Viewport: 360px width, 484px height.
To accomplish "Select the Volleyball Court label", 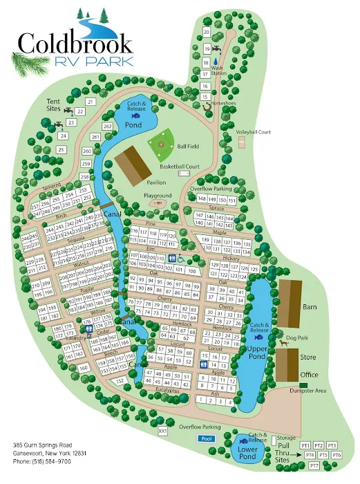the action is pos(253,131).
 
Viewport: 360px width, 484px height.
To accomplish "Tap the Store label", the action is pos(309,357).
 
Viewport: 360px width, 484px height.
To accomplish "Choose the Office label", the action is pos(309,375).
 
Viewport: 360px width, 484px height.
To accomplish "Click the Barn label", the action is pos(310,307).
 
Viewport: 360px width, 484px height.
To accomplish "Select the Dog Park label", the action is pos(296,338).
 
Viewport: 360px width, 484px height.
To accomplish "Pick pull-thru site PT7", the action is pos(314,465).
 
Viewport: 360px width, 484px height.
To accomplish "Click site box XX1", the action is pos(163,431).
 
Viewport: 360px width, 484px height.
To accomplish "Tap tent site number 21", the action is pos(91,102).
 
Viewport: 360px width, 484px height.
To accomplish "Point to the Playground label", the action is pos(158,196).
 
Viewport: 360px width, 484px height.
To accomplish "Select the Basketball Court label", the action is pos(179,167).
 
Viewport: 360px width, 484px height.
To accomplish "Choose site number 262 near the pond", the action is pos(107,127).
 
